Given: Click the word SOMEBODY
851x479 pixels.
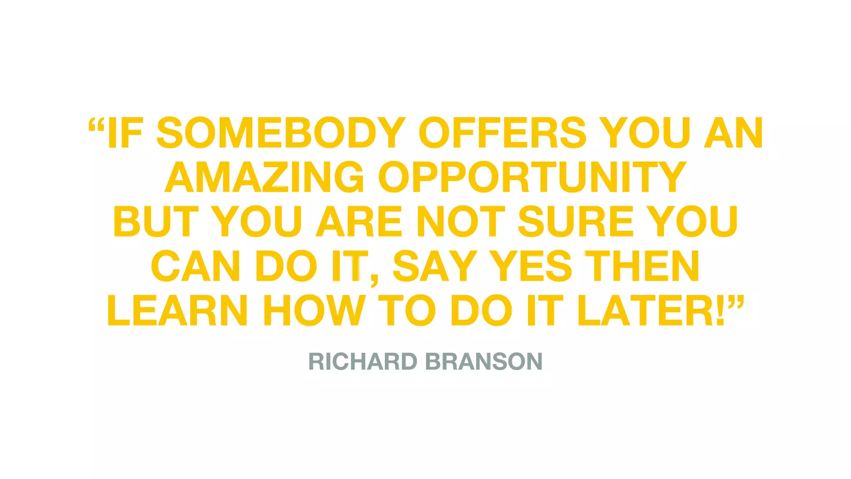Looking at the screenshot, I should coord(281,133).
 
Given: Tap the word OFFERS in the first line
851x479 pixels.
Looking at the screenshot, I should coord(503,133).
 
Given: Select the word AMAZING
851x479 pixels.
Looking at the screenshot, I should coord(265,177).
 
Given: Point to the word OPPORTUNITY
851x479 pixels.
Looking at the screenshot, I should coord(532,177).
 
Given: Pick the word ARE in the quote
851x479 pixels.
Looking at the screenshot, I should coord(359,222).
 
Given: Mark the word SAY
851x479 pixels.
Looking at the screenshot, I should coord(435,266).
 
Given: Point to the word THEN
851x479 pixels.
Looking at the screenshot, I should coord(642,266).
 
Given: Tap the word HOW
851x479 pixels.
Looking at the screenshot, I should coord(314,311).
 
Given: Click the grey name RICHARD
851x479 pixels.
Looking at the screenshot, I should coord(363,361).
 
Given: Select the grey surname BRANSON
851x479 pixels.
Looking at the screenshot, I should coord(484,361).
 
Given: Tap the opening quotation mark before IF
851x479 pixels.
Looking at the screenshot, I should coord(96,125).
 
